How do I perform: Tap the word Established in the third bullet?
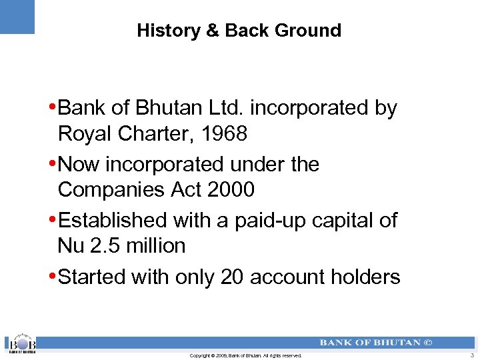coord(113,220)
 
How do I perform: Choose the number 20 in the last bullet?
coord(232,277)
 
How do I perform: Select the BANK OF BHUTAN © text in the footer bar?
coord(375,343)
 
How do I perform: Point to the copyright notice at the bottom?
coord(245,356)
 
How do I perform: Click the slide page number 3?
coord(471,356)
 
